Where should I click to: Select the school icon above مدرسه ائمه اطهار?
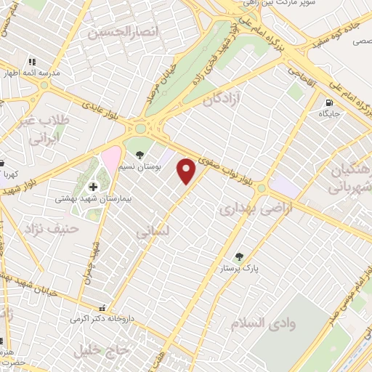[31, 62]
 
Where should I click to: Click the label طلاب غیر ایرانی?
[43, 129]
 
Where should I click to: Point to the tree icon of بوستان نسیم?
[139, 154]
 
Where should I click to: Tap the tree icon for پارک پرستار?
[238, 256]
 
